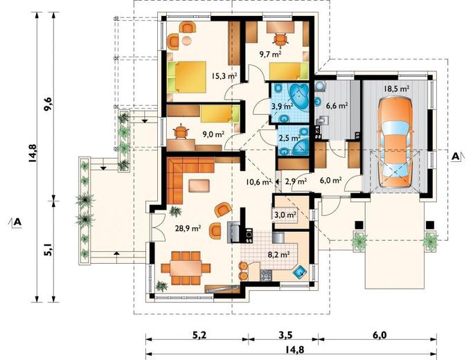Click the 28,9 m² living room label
click(x=188, y=228)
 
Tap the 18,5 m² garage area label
click(x=396, y=89)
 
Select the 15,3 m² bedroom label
click(x=224, y=75)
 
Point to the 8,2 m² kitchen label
click(x=278, y=255)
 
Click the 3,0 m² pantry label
click(x=285, y=215)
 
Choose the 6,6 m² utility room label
click(x=337, y=106)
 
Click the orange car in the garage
click(x=395, y=142)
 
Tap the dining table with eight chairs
click(x=186, y=268)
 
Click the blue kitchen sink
click(x=301, y=272)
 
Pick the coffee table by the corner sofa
click(x=199, y=186)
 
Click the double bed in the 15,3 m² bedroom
click(x=187, y=77)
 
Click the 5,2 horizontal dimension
click(x=199, y=335)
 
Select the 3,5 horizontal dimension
click(x=285, y=335)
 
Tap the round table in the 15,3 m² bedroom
click(x=187, y=41)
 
